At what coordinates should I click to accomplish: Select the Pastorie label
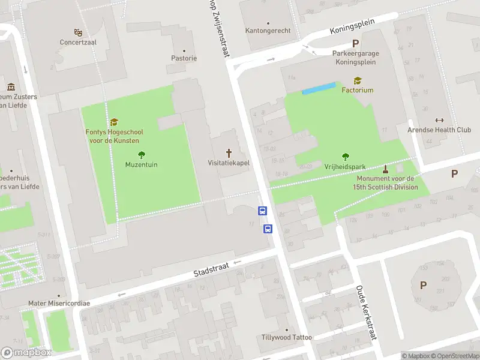[184, 58]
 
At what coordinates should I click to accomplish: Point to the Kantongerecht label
[268, 31]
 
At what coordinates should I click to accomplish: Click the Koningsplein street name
[352, 26]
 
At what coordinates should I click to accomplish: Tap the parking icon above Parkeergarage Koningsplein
[356, 43]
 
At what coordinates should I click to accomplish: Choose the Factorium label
[358, 90]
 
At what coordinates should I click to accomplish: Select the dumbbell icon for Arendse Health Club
[439, 120]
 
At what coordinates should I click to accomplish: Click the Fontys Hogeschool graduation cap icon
[114, 122]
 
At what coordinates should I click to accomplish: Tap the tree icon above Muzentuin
[142, 154]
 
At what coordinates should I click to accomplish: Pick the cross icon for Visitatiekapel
[229, 152]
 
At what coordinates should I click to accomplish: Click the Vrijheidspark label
[345, 167]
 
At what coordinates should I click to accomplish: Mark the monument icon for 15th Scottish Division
[385, 169]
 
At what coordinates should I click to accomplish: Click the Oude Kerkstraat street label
[366, 311]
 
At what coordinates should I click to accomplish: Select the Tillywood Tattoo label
[287, 337]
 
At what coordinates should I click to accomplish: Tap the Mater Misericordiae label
[59, 304]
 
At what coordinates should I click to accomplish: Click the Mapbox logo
[26, 352]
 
